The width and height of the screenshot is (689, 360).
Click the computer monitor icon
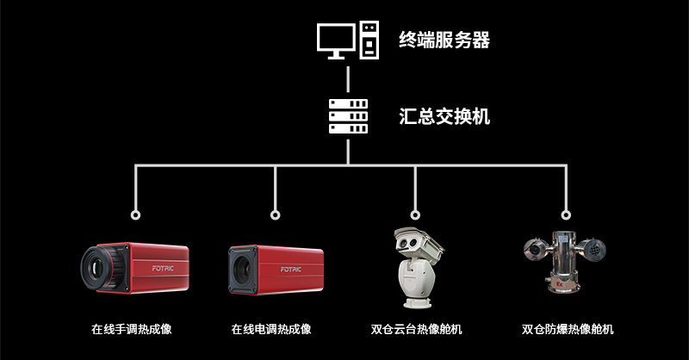[x=336, y=40]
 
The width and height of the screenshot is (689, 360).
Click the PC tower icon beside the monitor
[x=369, y=40]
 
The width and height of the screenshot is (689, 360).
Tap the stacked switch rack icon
[x=348, y=115]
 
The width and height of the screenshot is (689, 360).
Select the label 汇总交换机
[x=444, y=116]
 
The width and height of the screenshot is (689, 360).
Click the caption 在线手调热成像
[x=131, y=329]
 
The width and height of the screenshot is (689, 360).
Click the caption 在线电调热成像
[x=271, y=329]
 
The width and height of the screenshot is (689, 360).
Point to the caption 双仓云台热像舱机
[x=417, y=329]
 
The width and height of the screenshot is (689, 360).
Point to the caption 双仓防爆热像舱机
[x=568, y=329]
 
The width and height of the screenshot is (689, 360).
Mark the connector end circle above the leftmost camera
[x=135, y=214]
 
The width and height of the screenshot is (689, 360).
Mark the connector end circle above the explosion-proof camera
[x=566, y=214]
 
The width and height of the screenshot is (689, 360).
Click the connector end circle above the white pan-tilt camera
[x=416, y=214]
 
